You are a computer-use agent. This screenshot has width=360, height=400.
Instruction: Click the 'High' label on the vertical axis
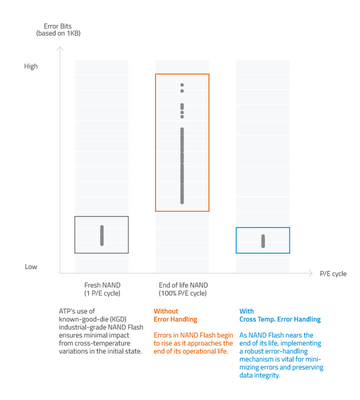(30, 66)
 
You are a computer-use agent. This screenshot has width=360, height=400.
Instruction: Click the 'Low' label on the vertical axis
(30, 266)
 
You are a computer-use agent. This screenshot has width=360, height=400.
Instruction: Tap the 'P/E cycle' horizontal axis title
(333, 274)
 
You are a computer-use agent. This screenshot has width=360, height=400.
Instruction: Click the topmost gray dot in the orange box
(182, 85)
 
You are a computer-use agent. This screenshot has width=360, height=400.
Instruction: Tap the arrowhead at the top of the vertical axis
(60, 49)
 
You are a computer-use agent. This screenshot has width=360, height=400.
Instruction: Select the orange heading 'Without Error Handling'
(175, 315)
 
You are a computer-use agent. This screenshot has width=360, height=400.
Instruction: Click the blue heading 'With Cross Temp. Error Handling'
(279, 315)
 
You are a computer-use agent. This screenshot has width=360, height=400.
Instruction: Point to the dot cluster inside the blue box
(263, 241)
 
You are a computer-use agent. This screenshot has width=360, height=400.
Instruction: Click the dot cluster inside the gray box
(102, 235)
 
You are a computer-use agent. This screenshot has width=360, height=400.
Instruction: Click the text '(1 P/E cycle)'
(102, 293)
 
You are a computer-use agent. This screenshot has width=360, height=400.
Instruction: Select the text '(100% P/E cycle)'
(182, 293)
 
